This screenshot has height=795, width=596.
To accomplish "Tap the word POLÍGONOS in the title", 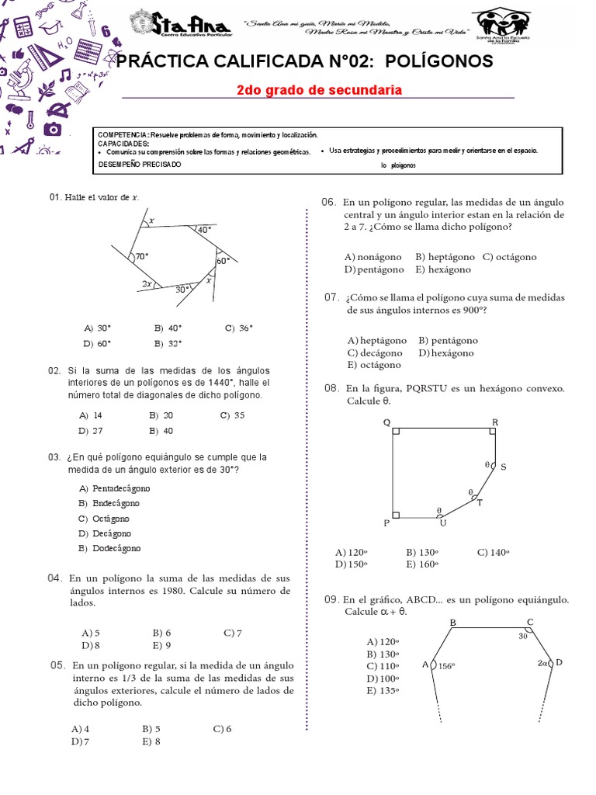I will [x=438, y=61].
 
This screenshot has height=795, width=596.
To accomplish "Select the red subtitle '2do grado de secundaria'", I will [x=319, y=90].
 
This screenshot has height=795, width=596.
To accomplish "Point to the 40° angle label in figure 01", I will [x=204, y=230].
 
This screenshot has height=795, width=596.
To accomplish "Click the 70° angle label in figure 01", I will [x=142, y=256].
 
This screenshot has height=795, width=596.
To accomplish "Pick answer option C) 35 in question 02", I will [x=232, y=415].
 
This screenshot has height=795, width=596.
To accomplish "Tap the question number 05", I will [x=57, y=665].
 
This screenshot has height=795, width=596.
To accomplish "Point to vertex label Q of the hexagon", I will [x=386, y=423].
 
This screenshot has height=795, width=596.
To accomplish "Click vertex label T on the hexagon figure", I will [x=479, y=503].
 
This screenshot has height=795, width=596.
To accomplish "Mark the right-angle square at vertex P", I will [x=397, y=514].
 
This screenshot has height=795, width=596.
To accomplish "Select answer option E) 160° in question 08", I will [x=422, y=564].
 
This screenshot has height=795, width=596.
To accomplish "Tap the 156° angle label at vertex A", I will [x=445, y=665].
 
